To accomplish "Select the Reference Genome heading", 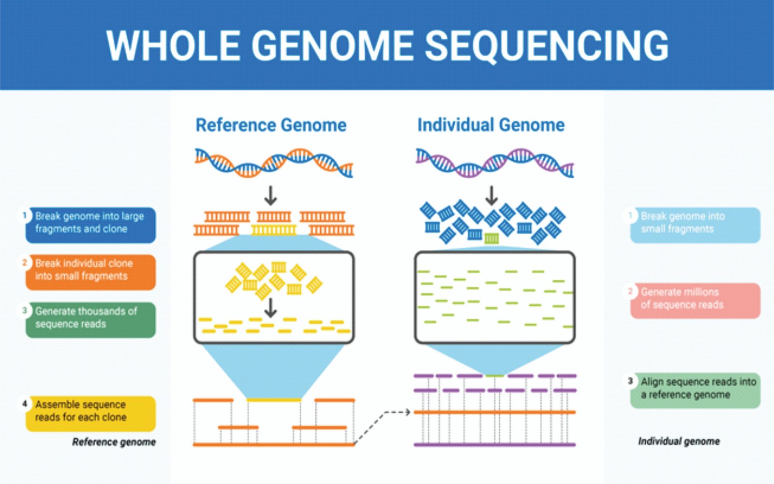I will pyautogui.click(x=271, y=125).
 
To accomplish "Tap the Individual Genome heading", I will pyautogui.click(x=491, y=125).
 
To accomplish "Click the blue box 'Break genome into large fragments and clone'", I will pyautogui.click(x=90, y=225).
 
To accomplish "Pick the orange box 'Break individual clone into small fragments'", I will pyautogui.click(x=90, y=272).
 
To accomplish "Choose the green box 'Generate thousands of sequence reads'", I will pyautogui.click(x=90, y=319).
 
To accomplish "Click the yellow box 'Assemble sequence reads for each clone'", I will pyautogui.click(x=90, y=413).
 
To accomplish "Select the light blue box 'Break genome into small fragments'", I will pyautogui.click(x=695, y=225).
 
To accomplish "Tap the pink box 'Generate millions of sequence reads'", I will pyautogui.click(x=695, y=300).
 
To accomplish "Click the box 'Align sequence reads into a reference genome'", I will pyautogui.click(x=695, y=390).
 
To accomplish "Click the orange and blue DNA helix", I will pyautogui.click(x=273, y=163).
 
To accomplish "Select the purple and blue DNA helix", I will pyautogui.click(x=494, y=163).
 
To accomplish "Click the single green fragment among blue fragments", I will pyautogui.click(x=491, y=238).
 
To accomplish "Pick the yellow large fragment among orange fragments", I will pyautogui.click(x=273, y=229).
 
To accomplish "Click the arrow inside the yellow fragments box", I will pyautogui.click(x=271, y=307).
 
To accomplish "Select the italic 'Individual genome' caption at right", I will pyautogui.click(x=679, y=441).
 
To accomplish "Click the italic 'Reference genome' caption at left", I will pyautogui.click(x=114, y=442).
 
